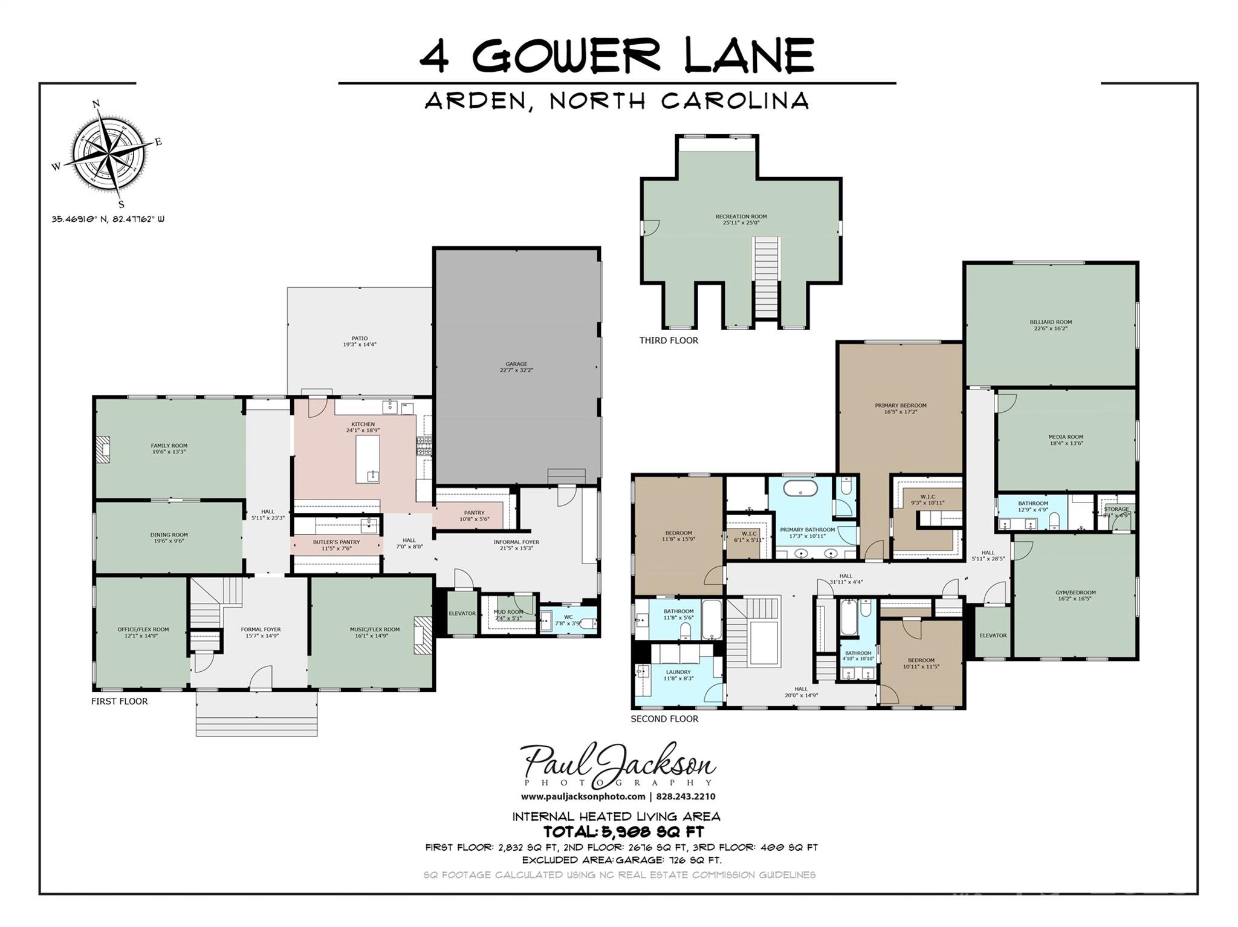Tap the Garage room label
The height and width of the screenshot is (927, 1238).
coord(516,367)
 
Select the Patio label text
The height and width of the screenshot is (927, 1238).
coord(360,342)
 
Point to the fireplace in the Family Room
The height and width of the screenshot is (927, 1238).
coord(105,450)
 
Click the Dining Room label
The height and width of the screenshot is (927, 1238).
coord(169,538)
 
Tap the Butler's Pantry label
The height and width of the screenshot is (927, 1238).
coord(336,545)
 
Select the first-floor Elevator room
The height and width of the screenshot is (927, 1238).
coord(462,613)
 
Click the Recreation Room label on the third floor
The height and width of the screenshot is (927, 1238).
coord(741,219)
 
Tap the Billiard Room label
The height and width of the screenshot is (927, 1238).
coord(1051,325)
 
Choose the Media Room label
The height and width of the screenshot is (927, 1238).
coord(1065,440)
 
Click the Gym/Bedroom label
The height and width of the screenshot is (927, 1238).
coord(1075,596)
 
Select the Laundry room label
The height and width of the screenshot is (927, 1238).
coord(678,675)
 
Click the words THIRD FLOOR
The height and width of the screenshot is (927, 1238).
coord(669,340)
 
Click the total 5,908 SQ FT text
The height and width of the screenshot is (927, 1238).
coord(623,832)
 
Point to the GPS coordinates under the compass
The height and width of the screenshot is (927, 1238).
coord(108,220)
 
